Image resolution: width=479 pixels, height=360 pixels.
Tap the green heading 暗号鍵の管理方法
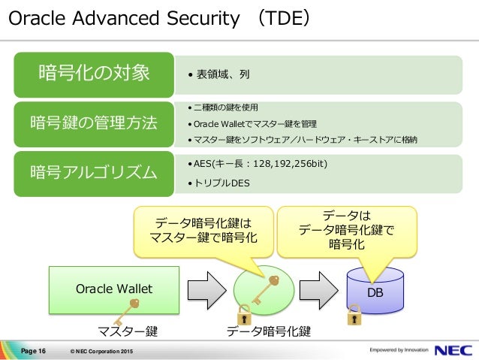tap(94, 123)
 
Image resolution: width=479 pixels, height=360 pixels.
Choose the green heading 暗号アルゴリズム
tap(94, 173)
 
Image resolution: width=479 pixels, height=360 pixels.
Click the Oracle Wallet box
tap(114, 288)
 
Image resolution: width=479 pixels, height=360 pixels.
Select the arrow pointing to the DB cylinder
tap(318, 289)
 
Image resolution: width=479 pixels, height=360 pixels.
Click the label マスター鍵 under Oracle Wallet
tap(127, 331)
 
